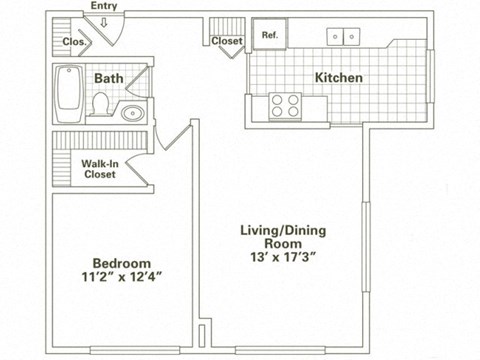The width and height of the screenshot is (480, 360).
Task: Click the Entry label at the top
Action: tap(103, 6)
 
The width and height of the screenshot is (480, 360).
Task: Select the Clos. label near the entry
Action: tap(73, 42)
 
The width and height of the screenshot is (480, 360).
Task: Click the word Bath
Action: tap(108, 78)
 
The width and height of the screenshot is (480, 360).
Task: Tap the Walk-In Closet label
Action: tap(98, 168)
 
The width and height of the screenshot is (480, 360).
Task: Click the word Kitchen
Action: tap(339, 77)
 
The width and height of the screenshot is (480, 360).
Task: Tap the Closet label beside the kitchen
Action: tap(227, 42)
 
